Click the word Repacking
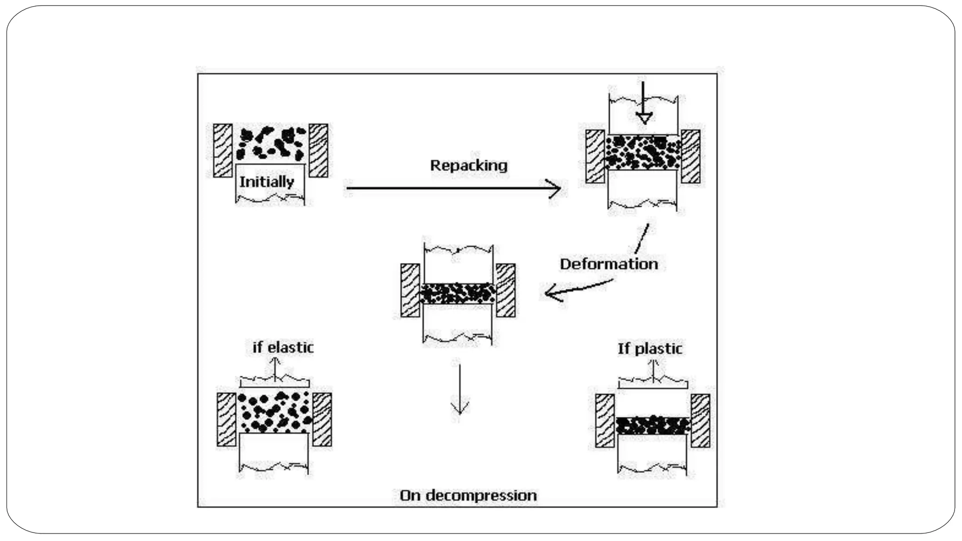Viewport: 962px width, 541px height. pyautogui.click(x=469, y=165)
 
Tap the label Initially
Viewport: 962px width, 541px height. pyautogui.click(x=266, y=182)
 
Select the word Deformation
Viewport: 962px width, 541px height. pyautogui.click(x=609, y=264)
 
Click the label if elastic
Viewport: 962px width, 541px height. pyautogui.click(x=283, y=348)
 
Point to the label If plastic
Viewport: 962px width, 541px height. pyautogui.click(x=650, y=349)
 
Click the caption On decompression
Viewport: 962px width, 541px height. pyautogui.click(x=468, y=495)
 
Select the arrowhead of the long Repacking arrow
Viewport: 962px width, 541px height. pyautogui.click(x=556, y=188)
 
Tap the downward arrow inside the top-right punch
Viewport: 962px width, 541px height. pyautogui.click(x=644, y=106)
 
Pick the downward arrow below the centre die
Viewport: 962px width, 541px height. pyautogui.click(x=459, y=390)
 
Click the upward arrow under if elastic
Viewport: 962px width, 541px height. pyautogui.click(x=275, y=369)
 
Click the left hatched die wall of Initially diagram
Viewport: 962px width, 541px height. pyautogui.click(x=223, y=150)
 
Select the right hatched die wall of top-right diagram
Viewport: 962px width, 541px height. pyautogui.click(x=690, y=156)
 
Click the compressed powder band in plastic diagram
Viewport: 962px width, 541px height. pyautogui.click(x=652, y=425)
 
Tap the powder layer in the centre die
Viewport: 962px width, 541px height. pyautogui.click(x=458, y=294)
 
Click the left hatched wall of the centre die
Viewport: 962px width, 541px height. pyautogui.click(x=410, y=290)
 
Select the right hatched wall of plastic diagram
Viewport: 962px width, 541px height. pyautogui.click(x=700, y=420)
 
